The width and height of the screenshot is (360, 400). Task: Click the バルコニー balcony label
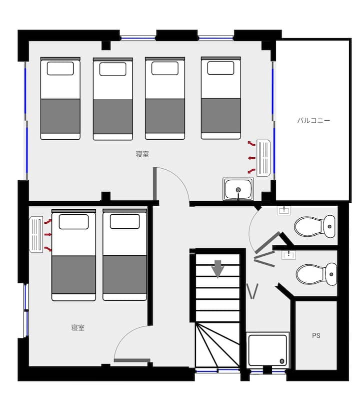tap(313, 120)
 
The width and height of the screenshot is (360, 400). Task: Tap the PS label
tap(316, 336)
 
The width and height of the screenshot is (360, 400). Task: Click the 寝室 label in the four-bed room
tap(142, 154)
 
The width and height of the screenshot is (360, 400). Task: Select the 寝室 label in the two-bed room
tap(77, 327)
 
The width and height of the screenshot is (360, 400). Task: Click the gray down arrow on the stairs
tap(218, 269)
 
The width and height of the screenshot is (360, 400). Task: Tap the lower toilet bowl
tap(316, 274)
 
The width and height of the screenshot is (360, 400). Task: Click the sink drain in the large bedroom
tap(238, 190)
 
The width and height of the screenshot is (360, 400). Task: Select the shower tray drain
tap(282, 361)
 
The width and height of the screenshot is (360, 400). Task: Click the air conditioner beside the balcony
tap(263, 158)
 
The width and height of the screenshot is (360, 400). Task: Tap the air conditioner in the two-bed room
tap(36, 234)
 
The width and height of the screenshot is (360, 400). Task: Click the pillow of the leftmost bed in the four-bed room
tap(60, 69)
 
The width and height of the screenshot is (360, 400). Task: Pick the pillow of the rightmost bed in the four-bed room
tap(220, 68)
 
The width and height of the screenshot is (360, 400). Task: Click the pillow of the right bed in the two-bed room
tap(124, 221)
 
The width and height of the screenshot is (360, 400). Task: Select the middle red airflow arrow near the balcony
tap(251, 158)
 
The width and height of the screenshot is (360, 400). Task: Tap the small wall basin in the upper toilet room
tap(284, 210)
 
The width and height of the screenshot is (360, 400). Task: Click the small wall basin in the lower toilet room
tap(288, 255)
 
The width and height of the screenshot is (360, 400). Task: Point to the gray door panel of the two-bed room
tap(132, 360)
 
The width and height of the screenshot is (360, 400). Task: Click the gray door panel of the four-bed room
tap(154, 184)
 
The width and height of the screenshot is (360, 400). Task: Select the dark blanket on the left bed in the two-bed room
tap(73, 274)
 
